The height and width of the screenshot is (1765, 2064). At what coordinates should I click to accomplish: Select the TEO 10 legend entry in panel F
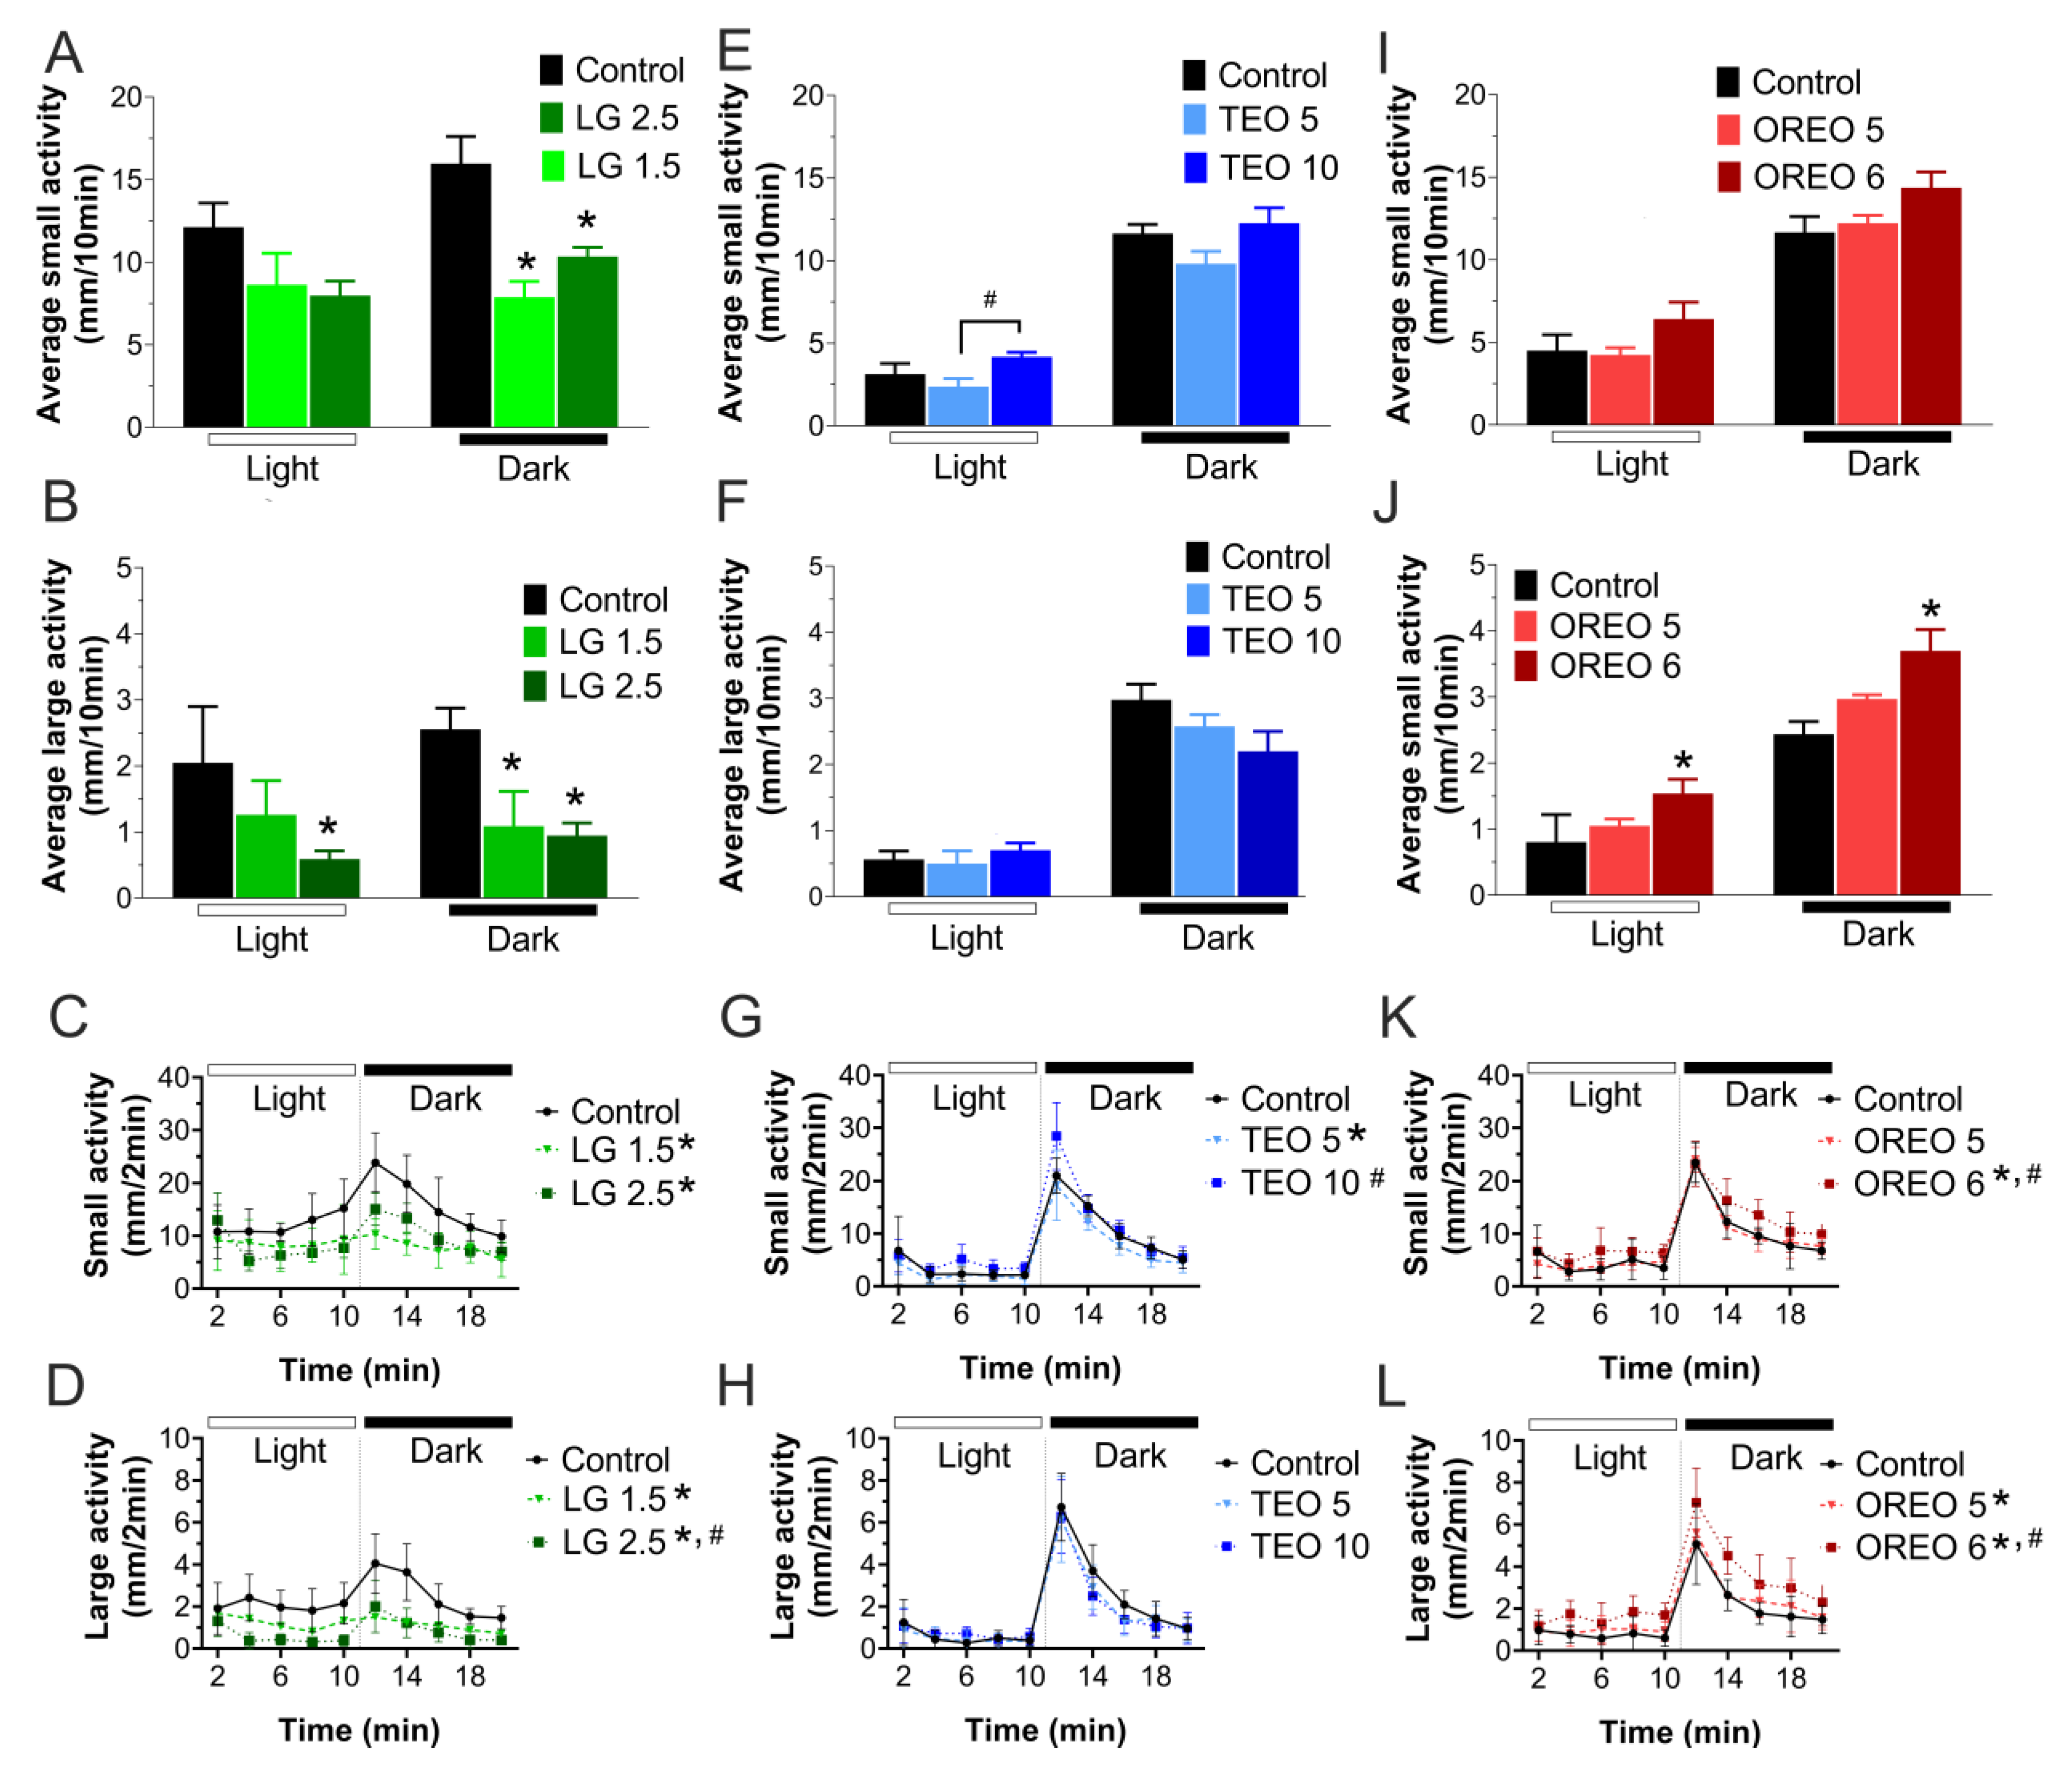(1263, 640)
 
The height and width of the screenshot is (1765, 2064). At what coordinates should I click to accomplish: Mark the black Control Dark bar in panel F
(1141, 797)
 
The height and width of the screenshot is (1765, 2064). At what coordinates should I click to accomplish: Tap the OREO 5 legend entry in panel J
(1596, 625)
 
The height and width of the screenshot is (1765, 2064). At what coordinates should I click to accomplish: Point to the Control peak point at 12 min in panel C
(374, 1162)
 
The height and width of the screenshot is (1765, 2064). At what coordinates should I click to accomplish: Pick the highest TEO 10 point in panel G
(1056, 1135)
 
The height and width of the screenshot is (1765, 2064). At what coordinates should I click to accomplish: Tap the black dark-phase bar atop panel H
(1124, 1422)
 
